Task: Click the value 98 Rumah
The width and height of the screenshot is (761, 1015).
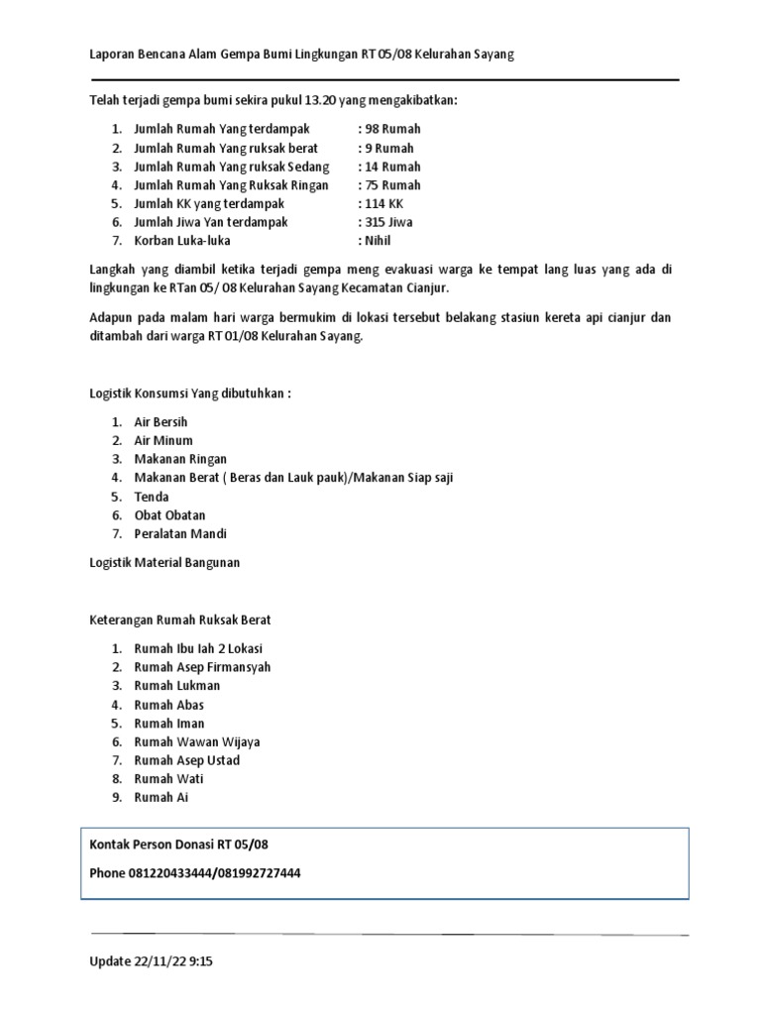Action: pyautogui.click(x=391, y=129)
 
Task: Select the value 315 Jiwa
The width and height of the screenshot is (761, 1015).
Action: pyautogui.click(x=389, y=223)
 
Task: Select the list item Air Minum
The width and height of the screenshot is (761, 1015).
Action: pyautogui.click(x=163, y=440)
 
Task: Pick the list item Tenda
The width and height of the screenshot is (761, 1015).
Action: pyautogui.click(x=152, y=497)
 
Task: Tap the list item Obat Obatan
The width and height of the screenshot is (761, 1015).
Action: pyautogui.click(x=169, y=515)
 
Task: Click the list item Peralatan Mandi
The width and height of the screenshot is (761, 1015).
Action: pyautogui.click(x=180, y=534)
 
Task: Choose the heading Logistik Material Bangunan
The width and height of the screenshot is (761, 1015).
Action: pyautogui.click(x=164, y=563)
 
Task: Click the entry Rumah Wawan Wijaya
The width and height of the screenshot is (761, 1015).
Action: pyautogui.click(x=197, y=741)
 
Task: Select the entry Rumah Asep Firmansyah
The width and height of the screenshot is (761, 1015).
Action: pyautogui.click(x=202, y=667)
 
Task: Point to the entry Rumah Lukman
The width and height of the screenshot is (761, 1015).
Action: pyautogui.click(x=177, y=686)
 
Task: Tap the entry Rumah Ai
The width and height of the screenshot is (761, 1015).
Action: pyautogui.click(x=162, y=798)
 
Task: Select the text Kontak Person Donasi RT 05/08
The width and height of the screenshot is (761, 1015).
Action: pyautogui.click(x=179, y=845)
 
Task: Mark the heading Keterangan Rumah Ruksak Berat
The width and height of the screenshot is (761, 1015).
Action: pyautogui.click(x=179, y=620)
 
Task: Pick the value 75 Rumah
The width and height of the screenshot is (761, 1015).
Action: pyautogui.click(x=391, y=185)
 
